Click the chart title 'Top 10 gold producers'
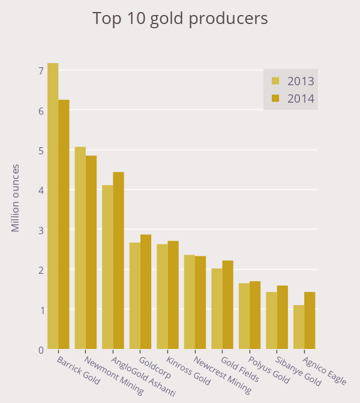pos(180,19)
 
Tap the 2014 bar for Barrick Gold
pos(64,225)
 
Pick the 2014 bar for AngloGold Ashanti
pos(118,261)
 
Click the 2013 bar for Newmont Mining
pos(80,248)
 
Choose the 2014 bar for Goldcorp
pos(146,292)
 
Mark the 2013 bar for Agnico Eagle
pos(299,327)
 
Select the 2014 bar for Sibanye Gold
pos(283,317)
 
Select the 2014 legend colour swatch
pos(276,98)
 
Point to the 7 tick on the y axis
pos(41,71)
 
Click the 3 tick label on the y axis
pos(41,231)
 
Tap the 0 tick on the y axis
pos(41,350)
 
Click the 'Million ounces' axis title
pos(16,198)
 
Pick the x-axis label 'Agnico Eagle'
pos(325,372)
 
